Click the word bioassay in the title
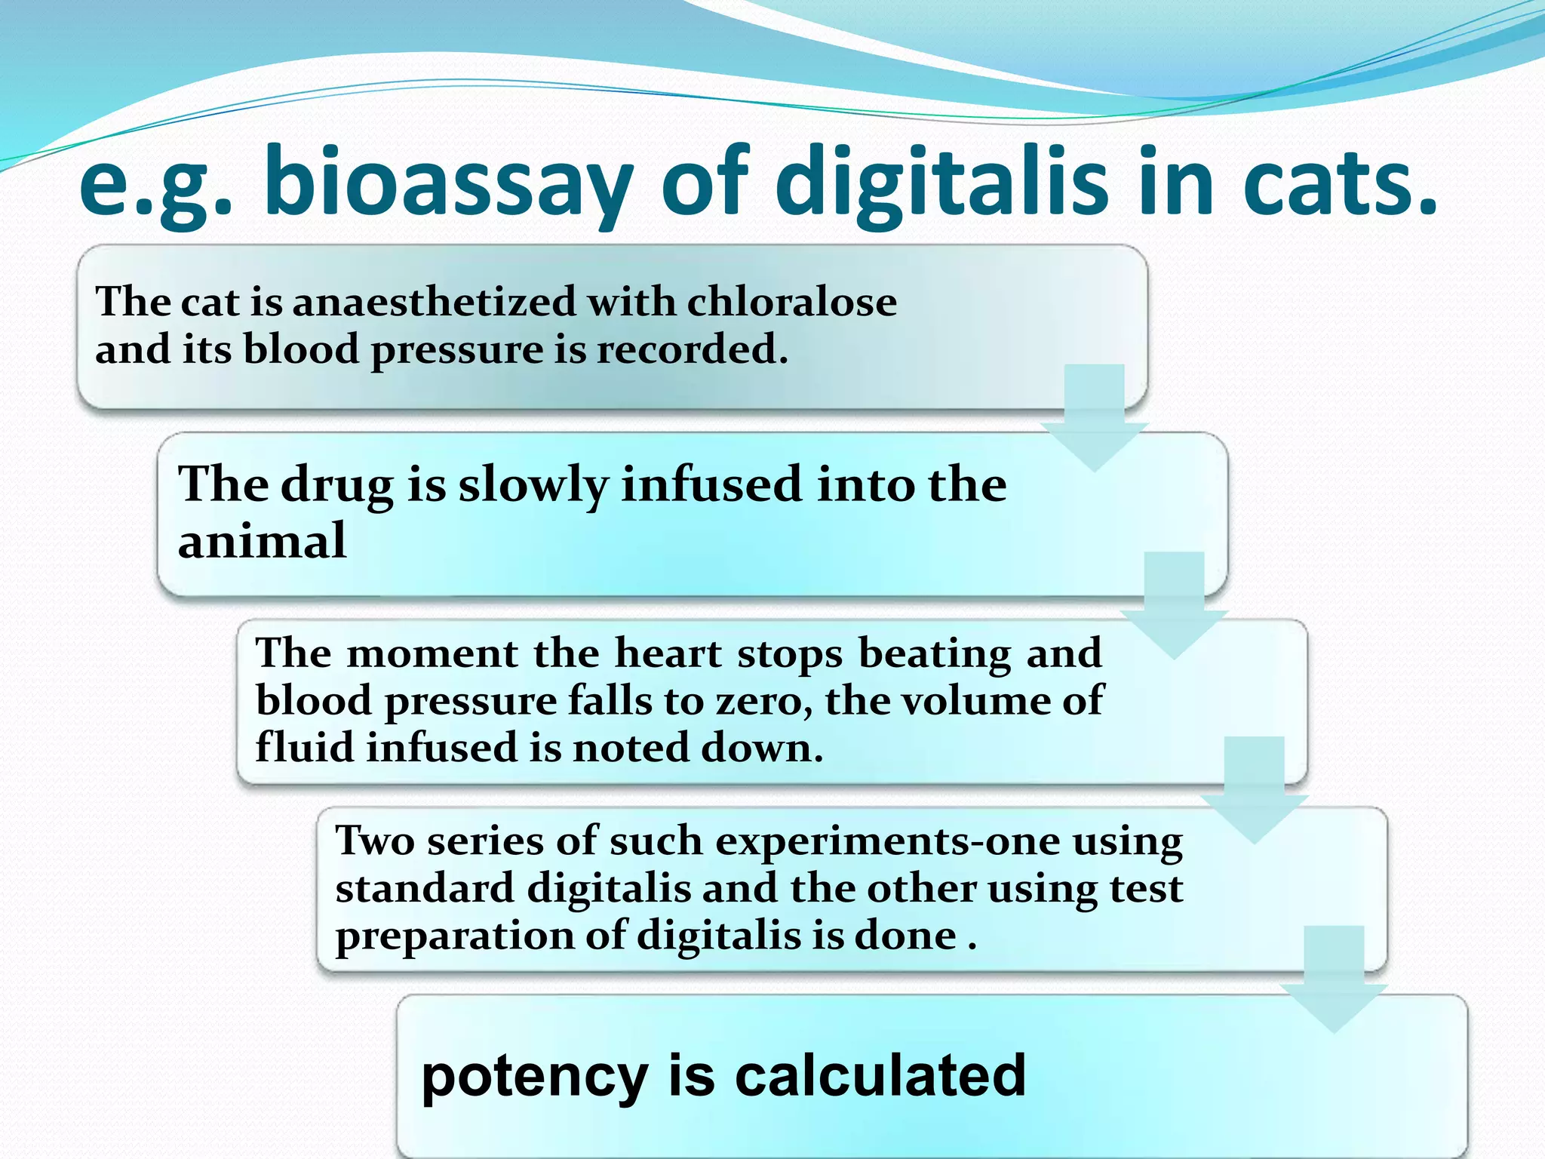click(x=448, y=183)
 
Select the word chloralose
click(x=791, y=302)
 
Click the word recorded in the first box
click(x=692, y=349)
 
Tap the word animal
click(x=262, y=540)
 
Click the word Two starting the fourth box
click(x=374, y=841)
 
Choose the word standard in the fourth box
click(x=424, y=888)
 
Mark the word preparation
click(x=454, y=936)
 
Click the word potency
click(x=534, y=1076)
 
